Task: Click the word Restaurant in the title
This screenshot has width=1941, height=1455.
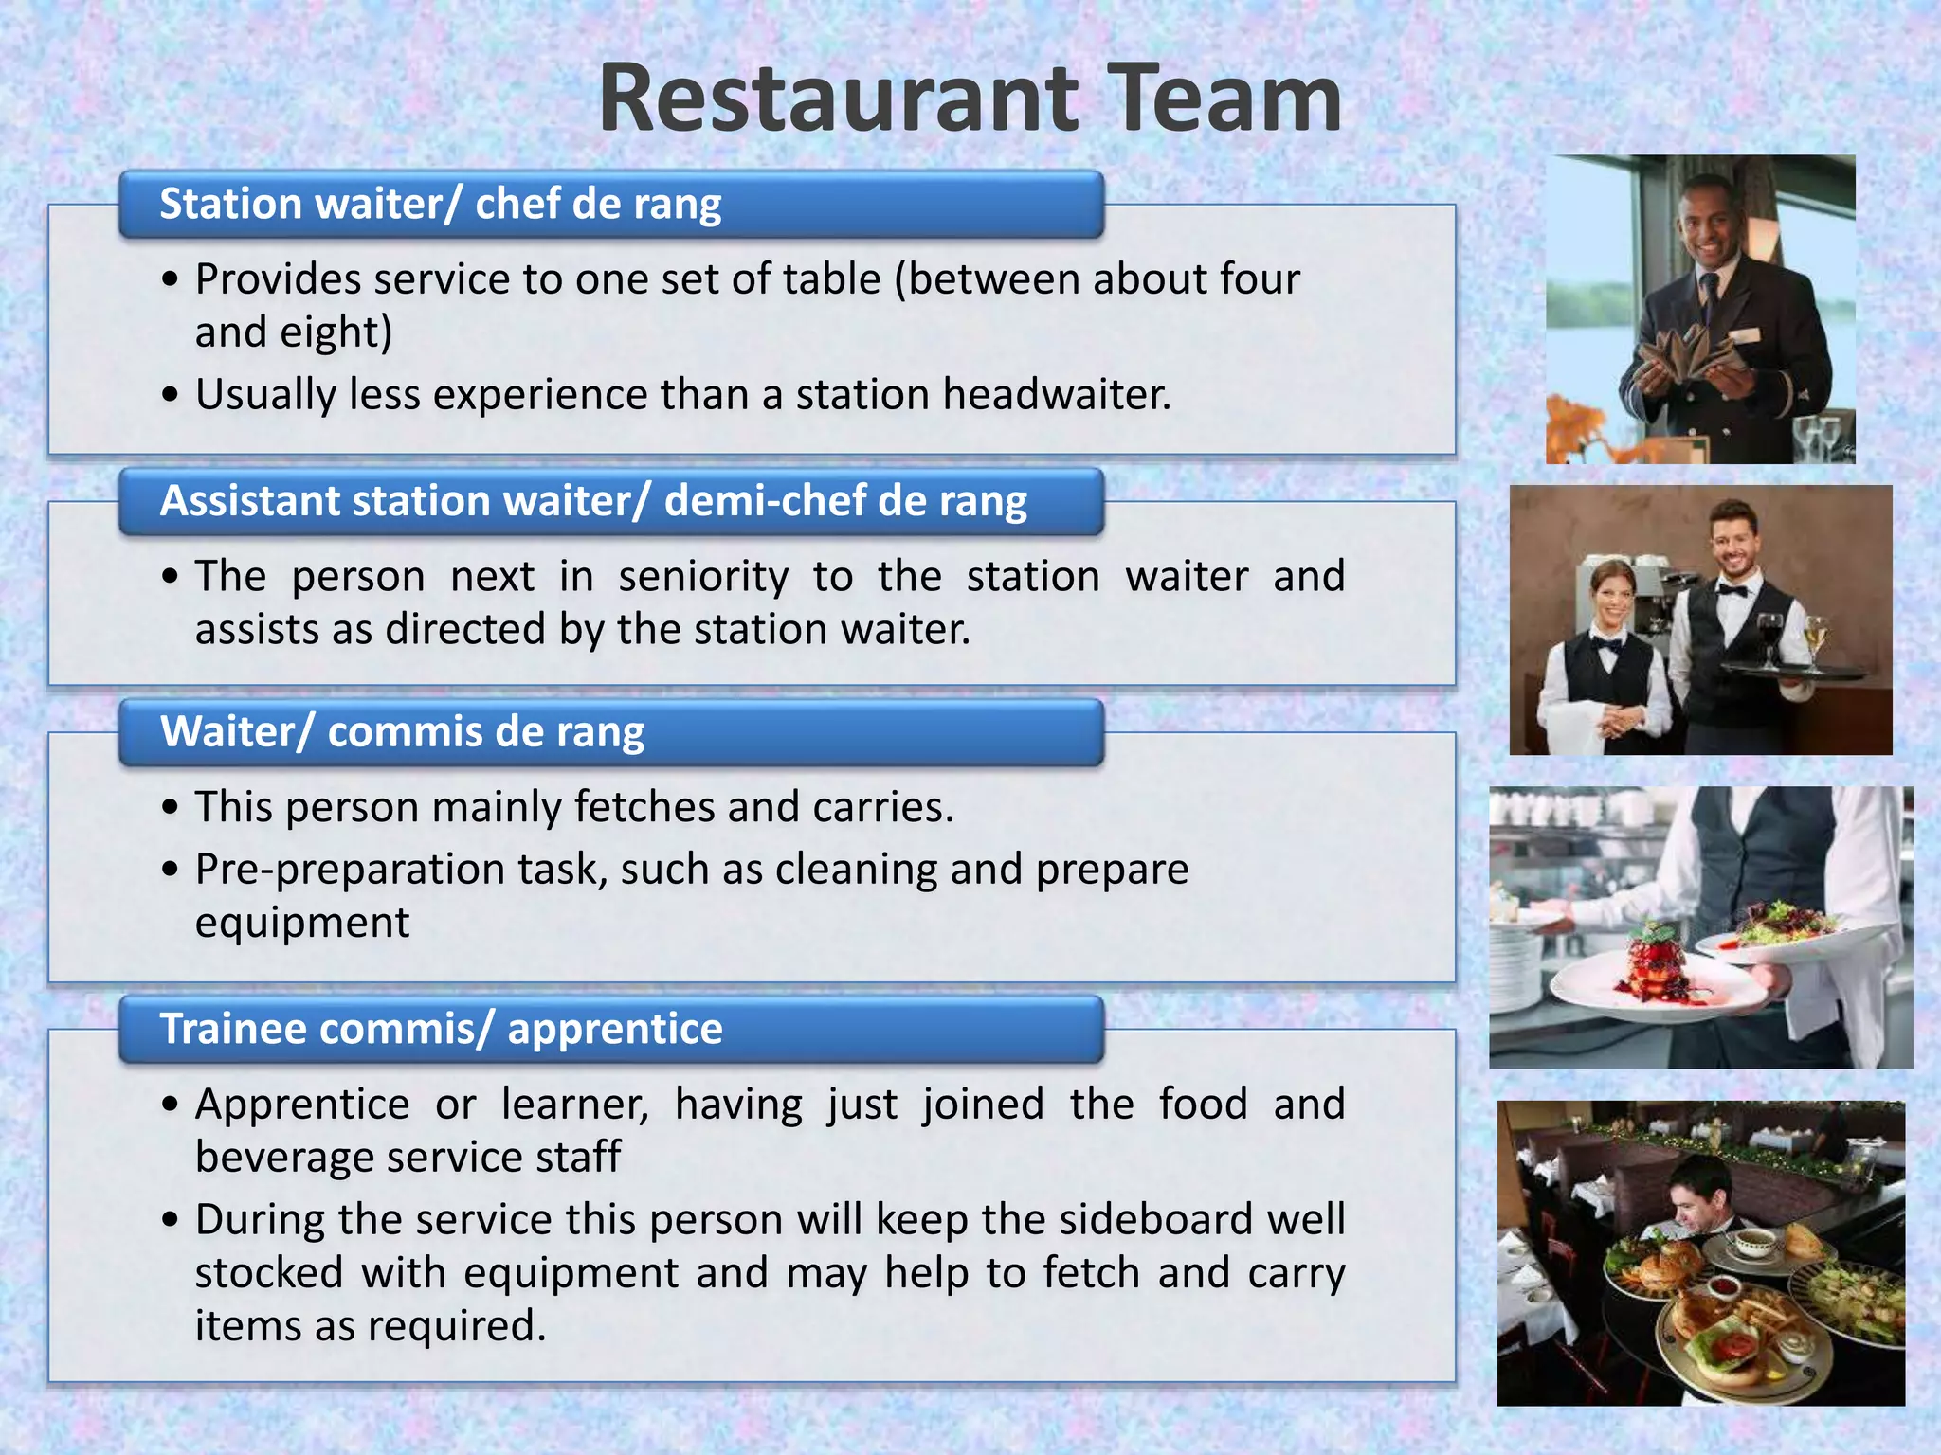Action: point(839,99)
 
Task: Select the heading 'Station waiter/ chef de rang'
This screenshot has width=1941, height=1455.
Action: point(440,205)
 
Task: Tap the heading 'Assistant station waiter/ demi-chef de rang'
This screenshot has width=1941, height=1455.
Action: point(593,501)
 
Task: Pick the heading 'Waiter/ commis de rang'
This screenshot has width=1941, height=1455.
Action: point(402,732)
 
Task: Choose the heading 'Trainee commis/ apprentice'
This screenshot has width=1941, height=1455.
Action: point(441,1029)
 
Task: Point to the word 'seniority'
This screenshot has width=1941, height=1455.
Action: point(703,577)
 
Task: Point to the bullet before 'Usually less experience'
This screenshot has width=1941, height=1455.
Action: point(170,395)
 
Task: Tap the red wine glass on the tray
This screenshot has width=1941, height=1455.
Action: point(1769,635)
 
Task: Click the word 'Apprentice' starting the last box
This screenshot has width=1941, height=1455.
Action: point(302,1105)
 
